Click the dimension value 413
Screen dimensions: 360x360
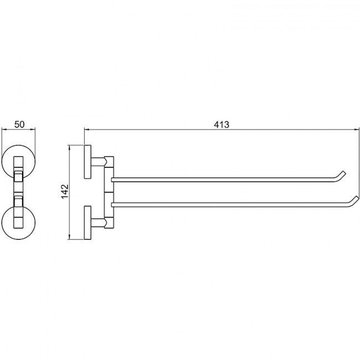[x=222, y=125]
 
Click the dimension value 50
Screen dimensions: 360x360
[x=19, y=125]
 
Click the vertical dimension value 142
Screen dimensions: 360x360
[x=65, y=192]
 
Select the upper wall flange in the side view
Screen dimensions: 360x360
[x=88, y=162]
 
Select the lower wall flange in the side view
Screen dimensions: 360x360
[x=88, y=223]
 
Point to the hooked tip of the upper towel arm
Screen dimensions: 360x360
[x=344, y=172]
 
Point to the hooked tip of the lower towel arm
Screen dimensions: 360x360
[x=356, y=198]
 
